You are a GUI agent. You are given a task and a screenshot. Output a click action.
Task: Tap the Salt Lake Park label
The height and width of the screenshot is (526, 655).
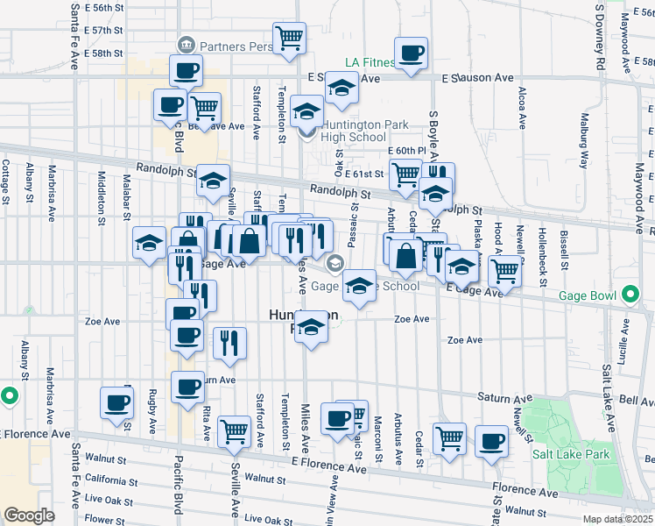pos(572,455)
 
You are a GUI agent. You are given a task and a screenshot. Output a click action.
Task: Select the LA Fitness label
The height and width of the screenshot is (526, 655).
pos(370,62)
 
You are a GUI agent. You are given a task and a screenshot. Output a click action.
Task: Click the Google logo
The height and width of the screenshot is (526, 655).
pos(29,515)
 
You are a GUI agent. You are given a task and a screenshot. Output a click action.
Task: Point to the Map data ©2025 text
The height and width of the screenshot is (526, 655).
pos(617,519)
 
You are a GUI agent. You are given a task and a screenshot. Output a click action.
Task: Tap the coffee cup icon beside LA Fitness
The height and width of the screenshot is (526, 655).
pos(412,53)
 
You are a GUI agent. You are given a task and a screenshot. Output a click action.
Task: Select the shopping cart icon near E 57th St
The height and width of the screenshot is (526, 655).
pos(290,39)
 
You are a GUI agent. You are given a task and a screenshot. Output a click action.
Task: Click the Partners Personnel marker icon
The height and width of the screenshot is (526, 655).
pos(186,45)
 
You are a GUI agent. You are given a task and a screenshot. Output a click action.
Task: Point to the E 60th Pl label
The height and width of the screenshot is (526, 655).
pos(405,151)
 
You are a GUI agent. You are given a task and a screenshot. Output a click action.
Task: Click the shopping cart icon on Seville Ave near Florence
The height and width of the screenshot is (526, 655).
pos(234,431)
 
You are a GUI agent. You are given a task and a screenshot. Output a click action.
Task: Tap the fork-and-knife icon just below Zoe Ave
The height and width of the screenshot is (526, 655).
pos(229,343)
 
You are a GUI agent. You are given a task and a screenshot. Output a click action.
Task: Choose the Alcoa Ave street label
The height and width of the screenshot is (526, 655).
pos(521,105)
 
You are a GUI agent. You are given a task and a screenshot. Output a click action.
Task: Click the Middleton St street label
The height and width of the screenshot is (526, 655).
pos(101,205)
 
